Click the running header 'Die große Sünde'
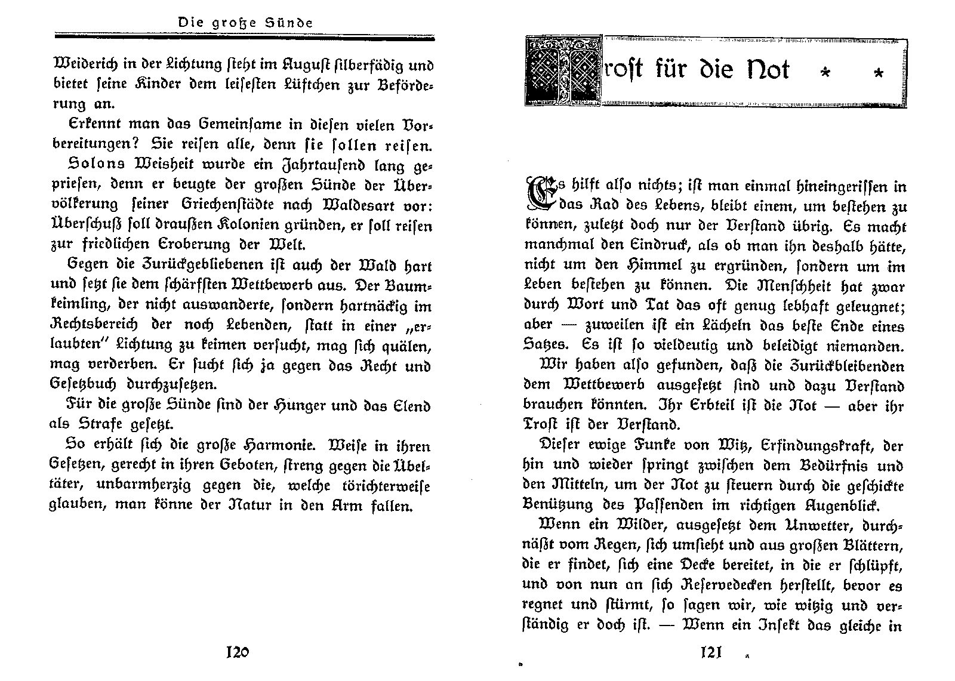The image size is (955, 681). pyautogui.click(x=245, y=23)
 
